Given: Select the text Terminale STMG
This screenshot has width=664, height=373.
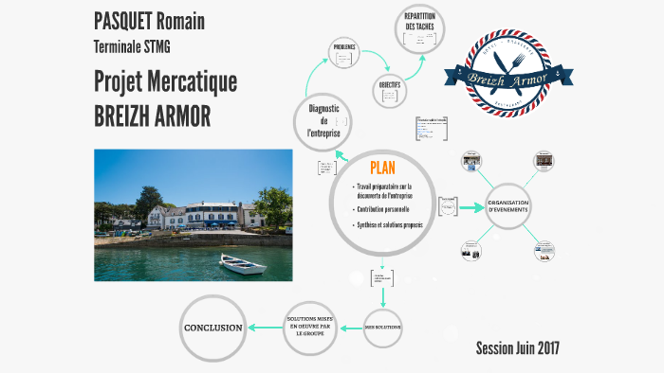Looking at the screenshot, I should [x=132, y=45].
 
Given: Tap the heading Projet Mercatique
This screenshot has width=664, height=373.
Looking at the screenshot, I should [x=165, y=81].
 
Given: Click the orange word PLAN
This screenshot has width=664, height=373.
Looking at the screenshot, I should [x=382, y=168].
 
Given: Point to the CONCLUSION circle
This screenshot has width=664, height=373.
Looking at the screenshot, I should [x=212, y=328].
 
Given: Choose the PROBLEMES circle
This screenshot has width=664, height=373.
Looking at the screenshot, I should [x=343, y=47].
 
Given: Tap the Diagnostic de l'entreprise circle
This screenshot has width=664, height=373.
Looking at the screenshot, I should [x=323, y=120].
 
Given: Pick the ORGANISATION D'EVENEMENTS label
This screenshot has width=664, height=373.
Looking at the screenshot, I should [x=508, y=206].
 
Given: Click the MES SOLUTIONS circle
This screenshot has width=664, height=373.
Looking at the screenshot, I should [x=383, y=327].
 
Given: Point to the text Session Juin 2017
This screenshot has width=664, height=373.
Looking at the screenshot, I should [x=517, y=348].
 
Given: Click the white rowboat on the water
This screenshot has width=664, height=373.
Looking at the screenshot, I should [x=242, y=264].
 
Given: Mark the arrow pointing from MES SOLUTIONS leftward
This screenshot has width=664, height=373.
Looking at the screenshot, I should [x=353, y=327].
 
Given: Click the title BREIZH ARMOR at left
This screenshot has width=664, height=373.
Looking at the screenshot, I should [x=152, y=115].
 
